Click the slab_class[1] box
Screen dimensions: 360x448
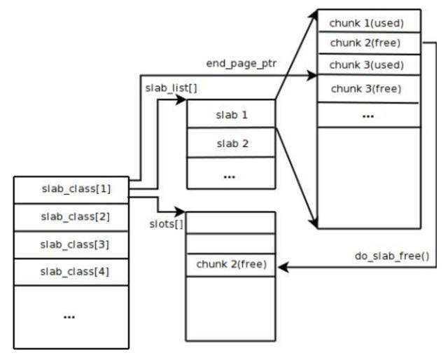click(x=71, y=189)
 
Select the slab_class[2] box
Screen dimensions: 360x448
click(x=71, y=216)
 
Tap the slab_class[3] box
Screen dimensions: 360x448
click(x=71, y=244)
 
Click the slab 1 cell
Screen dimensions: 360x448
click(x=231, y=114)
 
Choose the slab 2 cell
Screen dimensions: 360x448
click(x=231, y=143)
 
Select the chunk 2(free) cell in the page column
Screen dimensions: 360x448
click(x=369, y=43)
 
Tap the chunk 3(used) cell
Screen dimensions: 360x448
click(x=369, y=66)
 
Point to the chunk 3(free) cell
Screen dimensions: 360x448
click(x=369, y=89)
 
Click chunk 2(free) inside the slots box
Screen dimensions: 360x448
click(x=231, y=265)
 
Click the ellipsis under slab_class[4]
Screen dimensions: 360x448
click(x=70, y=316)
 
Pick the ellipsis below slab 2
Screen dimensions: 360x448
click(x=230, y=175)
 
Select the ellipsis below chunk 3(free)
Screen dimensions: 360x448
click(x=369, y=114)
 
